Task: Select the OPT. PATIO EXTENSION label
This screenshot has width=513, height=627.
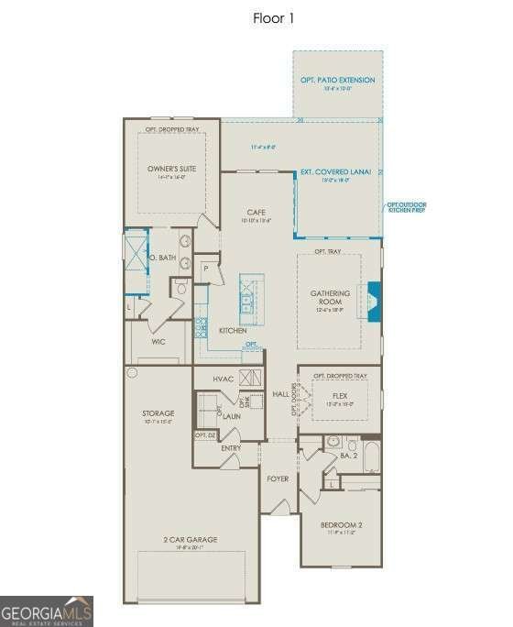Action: pyautogui.click(x=338, y=81)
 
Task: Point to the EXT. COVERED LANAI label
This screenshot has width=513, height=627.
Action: pyautogui.click(x=335, y=172)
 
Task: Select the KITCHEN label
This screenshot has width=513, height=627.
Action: pyautogui.click(x=231, y=330)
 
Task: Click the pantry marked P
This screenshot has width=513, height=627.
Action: pyautogui.click(x=207, y=269)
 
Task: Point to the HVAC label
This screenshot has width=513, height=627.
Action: pyautogui.click(x=224, y=379)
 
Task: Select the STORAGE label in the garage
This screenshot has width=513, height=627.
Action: pyautogui.click(x=158, y=413)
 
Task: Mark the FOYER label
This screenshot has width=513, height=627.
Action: pyautogui.click(x=278, y=478)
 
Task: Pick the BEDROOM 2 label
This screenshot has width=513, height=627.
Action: pyautogui.click(x=342, y=525)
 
